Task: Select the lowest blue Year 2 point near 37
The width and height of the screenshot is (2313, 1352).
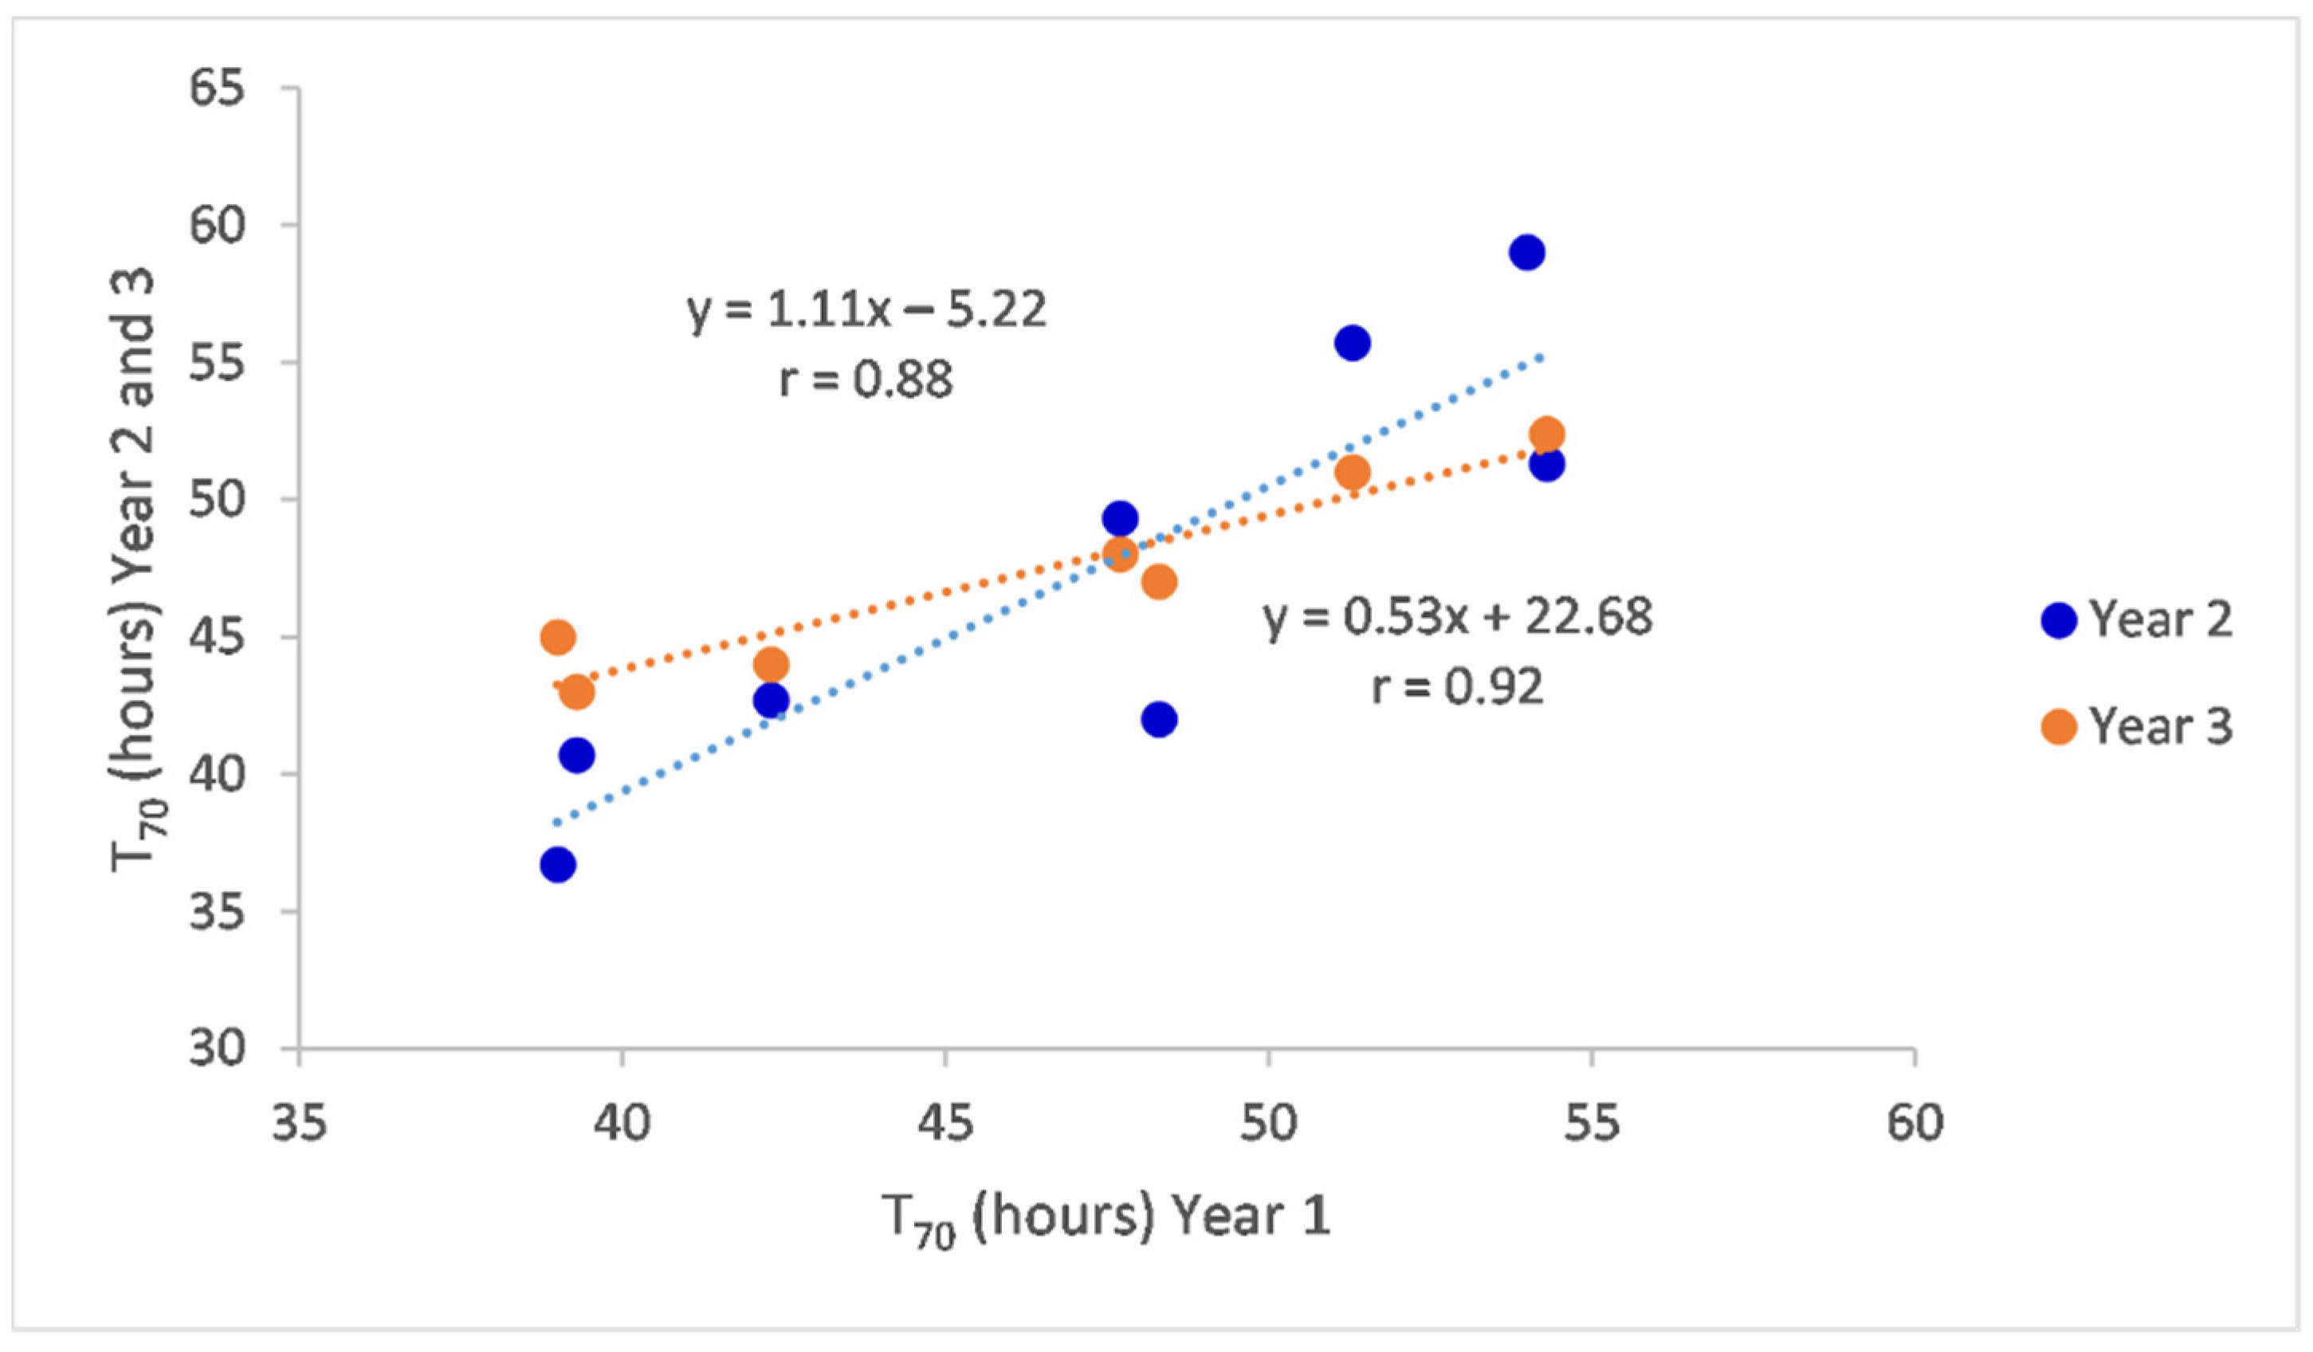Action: pos(557,865)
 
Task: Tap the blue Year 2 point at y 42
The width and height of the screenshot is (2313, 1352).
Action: pos(1159,719)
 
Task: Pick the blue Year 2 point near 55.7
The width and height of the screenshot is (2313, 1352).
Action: pos(1352,344)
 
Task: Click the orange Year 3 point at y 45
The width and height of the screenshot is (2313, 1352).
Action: pos(557,637)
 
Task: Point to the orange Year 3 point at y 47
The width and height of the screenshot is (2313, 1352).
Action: pos(1159,582)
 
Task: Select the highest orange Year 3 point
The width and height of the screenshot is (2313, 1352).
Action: pos(1546,433)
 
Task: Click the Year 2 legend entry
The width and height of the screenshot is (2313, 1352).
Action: pos(2138,620)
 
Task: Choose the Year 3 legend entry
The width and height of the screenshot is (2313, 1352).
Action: pos(2138,727)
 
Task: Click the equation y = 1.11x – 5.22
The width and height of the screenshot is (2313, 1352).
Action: pos(866,310)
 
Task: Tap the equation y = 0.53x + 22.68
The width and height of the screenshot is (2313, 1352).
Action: pos(1458,617)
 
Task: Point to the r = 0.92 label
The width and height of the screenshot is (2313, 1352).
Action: pos(1458,686)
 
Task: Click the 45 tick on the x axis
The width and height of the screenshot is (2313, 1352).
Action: pos(945,1122)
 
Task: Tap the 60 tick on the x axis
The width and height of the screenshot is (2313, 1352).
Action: pos(1914,1122)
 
